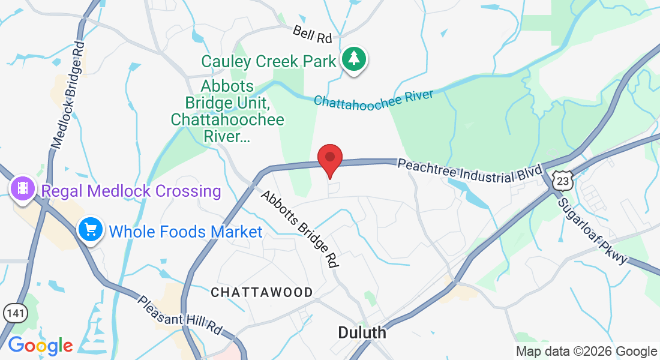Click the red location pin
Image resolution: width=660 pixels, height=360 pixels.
(x=329, y=160)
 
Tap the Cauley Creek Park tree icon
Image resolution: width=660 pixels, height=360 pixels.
(x=354, y=59)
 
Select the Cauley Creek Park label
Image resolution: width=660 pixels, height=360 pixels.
(x=268, y=61)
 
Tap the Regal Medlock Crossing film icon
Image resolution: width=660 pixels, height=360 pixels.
(x=23, y=189)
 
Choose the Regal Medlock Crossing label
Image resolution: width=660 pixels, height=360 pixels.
(x=130, y=191)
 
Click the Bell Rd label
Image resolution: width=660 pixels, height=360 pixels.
(x=313, y=34)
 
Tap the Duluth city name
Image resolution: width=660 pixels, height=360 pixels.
(x=362, y=332)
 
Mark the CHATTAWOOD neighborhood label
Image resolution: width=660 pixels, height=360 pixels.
(x=262, y=293)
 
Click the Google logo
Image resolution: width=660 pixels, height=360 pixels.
(x=40, y=346)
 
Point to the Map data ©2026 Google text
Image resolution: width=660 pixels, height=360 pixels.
(x=586, y=352)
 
